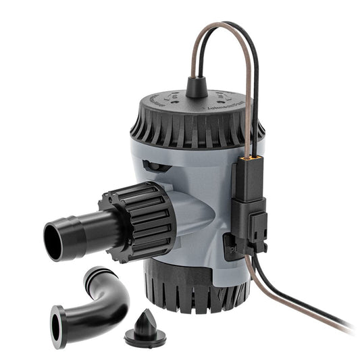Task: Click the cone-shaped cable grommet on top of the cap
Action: tap(197, 87)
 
